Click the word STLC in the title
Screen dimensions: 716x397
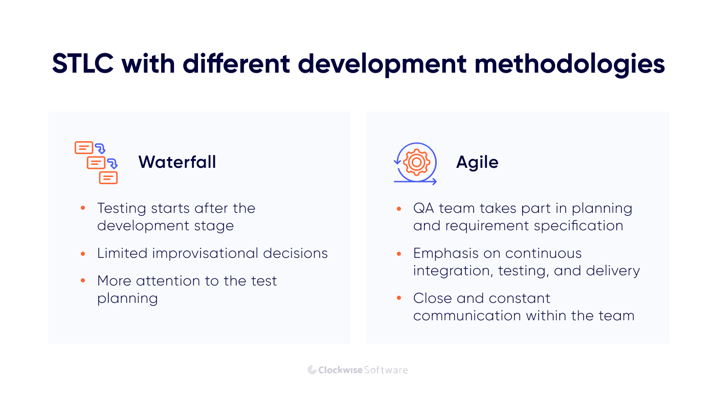click(x=83, y=63)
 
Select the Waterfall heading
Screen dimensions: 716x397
click(x=177, y=162)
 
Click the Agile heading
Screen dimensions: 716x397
click(x=477, y=162)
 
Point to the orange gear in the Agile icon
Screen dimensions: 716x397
click(x=416, y=162)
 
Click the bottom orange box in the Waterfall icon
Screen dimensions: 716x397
click(x=108, y=178)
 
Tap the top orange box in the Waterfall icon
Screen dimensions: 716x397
click(x=84, y=148)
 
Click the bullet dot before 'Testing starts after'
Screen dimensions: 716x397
click(x=83, y=208)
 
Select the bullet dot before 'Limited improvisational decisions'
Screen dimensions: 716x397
click(x=83, y=254)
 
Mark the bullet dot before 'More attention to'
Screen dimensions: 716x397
click(x=83, y=281)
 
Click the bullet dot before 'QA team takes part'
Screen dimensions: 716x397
click(x=398, y=209)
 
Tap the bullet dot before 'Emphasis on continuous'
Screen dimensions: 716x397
click(x=398, y=254)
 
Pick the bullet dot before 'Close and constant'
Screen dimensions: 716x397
click(x=398, y=298)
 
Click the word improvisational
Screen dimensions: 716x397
click(x=205, y=253)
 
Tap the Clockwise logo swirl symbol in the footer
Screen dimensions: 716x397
click(x=312, y=370)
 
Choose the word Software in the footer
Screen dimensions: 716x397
click(x=386, y=370)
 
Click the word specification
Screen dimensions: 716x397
click(x=578, y=226)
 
